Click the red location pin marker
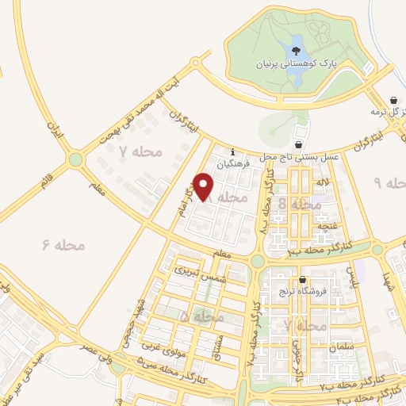[204, 186]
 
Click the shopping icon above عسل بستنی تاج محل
[298, 145]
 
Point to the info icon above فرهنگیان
[232, 152]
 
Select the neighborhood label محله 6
[63, 245]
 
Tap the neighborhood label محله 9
[389, 183]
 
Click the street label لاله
[322, 184]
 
